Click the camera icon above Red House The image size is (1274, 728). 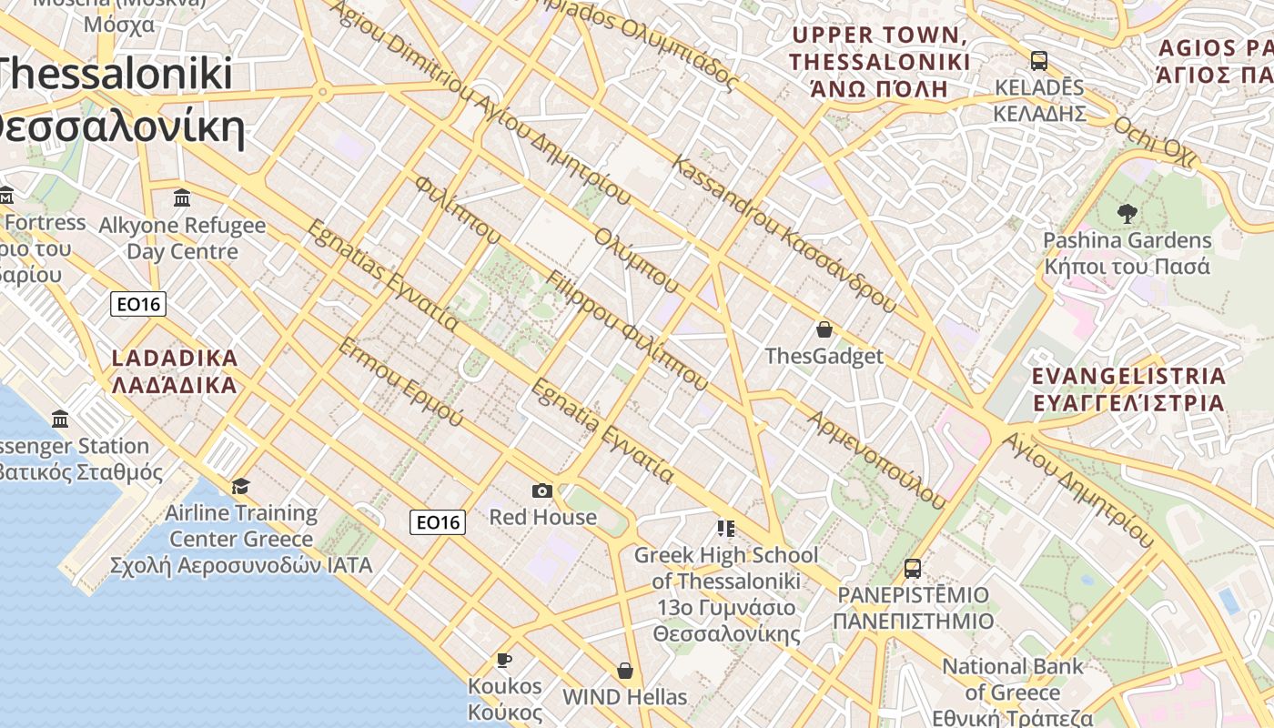(542, 491)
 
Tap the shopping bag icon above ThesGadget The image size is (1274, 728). (824, 329)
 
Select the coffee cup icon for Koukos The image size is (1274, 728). (505, 660)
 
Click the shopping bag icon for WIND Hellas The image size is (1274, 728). (625, 671)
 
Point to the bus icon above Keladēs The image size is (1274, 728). (1039, 61)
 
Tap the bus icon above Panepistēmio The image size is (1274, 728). (913, 569)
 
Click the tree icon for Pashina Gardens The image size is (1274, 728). (1127, 214)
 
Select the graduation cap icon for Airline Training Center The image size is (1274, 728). (241, 487)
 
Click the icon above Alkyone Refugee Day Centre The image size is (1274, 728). (182, 197)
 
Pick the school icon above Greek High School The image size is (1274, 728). (725, 529)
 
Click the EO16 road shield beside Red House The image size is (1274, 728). (438, 521)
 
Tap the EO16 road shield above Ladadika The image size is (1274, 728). (138, 304)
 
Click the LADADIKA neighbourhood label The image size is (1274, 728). (175, 371)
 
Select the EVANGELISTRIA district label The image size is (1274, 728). (1128, 389)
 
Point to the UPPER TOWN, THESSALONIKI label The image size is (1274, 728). (879, 62)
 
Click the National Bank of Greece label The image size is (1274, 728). (1013, 679)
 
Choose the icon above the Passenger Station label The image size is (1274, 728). (60, 420)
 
